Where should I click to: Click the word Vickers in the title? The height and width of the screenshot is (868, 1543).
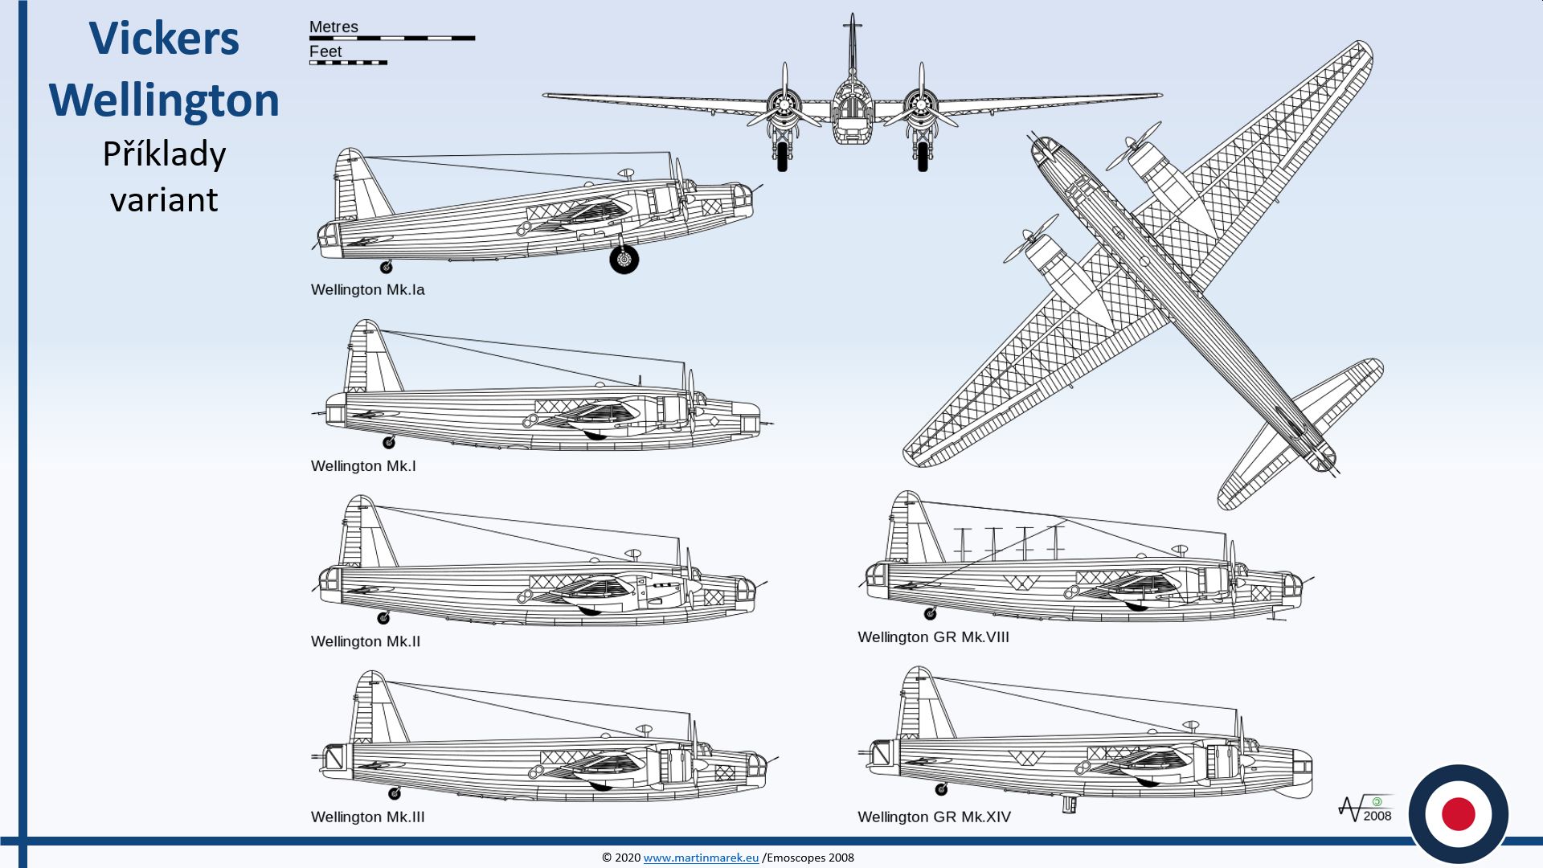pyautogui.click(x=164, y=39)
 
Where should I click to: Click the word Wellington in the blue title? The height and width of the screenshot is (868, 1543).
pyautogui.click(x=164, y=100)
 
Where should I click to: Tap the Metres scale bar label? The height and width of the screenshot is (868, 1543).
pyautogui.click(x=334, y=27)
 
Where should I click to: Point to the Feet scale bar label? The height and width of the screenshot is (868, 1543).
pyautogui.click(x=325, y=51)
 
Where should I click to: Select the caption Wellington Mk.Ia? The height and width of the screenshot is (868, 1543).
pyautogui.click(x=367, y=289)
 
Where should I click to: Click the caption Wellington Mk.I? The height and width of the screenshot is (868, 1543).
pyautogui.click(x=363, y=466)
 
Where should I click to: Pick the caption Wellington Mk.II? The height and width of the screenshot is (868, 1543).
pyautogui.click(x=366, y=641)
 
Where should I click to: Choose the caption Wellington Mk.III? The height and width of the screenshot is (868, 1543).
pyautogui.click(x=367, y=817)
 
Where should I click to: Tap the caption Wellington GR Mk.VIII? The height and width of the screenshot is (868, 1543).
pyautogui.click(x=933, y=637)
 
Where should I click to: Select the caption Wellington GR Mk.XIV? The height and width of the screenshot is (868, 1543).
pyautogui.click(x=934, y=817)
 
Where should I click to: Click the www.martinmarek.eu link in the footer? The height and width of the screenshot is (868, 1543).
pyautogui.click(x=701, y=858)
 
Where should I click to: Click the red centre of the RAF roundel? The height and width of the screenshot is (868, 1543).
pyautogui.click(x=1458, y=814)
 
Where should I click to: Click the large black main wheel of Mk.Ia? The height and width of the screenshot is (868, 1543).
pyautogui.click(x=624, y=259)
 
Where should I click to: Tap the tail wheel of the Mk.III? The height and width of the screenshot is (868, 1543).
pyautogui.click(x=395, y=793)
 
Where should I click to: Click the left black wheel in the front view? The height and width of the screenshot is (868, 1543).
pyautogui.click(x=783, y=156)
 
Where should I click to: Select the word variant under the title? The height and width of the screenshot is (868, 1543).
pyautogui.click(x=164, y=199)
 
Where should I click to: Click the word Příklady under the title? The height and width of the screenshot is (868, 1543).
pyautogui.click(x=164, y=154)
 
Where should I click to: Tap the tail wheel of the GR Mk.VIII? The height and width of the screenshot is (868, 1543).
pyautogui.click(x=930, y=614)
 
